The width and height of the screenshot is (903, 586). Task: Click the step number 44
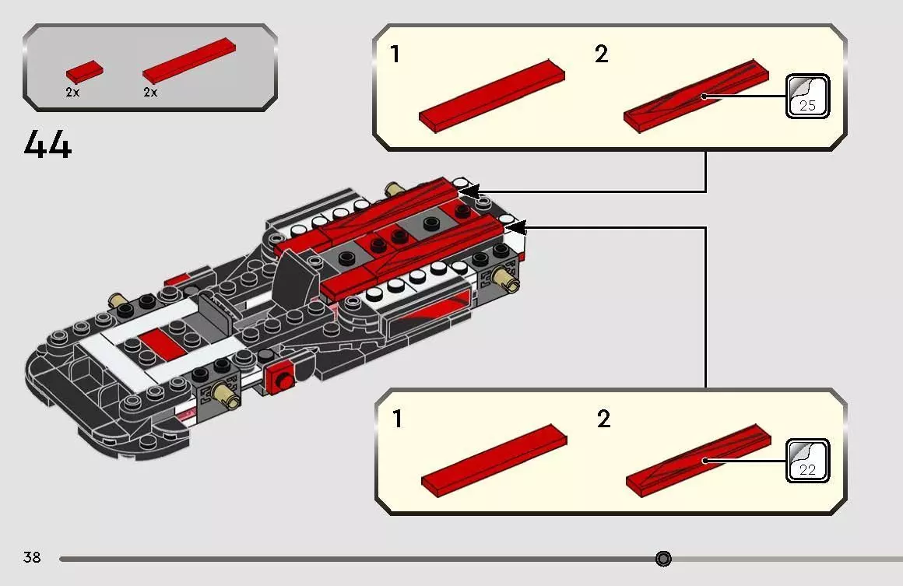pyautogui.click(x=47, y=144)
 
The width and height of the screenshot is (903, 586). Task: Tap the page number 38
pyautogui.click(x=32, y=556)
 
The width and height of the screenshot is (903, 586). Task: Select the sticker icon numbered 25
pyautogui.click(x=807, y=96)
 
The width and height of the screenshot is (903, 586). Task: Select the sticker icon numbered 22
pyautogui.click(x=807, y=461)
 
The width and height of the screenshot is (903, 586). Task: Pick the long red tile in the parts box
pyautogui.click(x=189, y=61)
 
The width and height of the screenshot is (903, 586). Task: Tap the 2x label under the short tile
pyautogui.click(x=72, y=92)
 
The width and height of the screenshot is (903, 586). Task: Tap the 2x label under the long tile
pyautogui.click(x=150, y=92)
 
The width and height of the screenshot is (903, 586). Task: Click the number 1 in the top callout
pyautogui.click(x=395, y=54)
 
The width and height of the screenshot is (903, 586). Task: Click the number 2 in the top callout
pyautogui.click(x=601, y=54)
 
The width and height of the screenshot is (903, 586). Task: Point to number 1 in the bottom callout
pyautogui.click(x=397, y=419)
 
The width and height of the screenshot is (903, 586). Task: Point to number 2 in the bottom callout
pyautogui.click(x=603, y=419)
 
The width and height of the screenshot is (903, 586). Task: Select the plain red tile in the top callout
pyautogui.click(x=492, y=96)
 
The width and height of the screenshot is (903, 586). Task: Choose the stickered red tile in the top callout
pyautogui.click(x=696, y=96)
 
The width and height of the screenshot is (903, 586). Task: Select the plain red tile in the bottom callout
pyautogui.click(x=494, y=461)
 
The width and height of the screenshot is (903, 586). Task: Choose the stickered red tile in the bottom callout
pyautogui.click(x=698, y=461)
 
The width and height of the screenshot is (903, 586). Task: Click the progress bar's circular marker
pyautogui.click(x=663, y=558)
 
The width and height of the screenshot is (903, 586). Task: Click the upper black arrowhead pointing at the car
pyautogui.click(x=469, y=191)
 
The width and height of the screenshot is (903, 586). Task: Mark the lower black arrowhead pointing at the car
pyautogui.click(x=517, y=227)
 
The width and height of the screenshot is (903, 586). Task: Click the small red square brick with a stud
pyautogui.click(x=280, y=378)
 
